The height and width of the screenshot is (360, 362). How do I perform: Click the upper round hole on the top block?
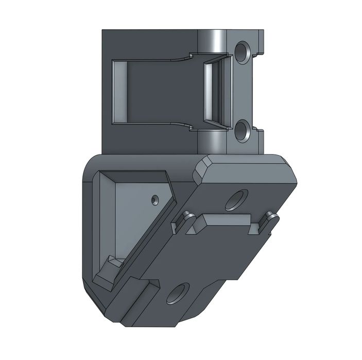point(242,50)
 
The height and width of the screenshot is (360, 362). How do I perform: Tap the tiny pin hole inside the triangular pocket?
point(155,197)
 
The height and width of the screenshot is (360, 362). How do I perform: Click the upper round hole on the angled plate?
point(237,199)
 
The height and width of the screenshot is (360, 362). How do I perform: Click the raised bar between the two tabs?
point(227,224)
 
